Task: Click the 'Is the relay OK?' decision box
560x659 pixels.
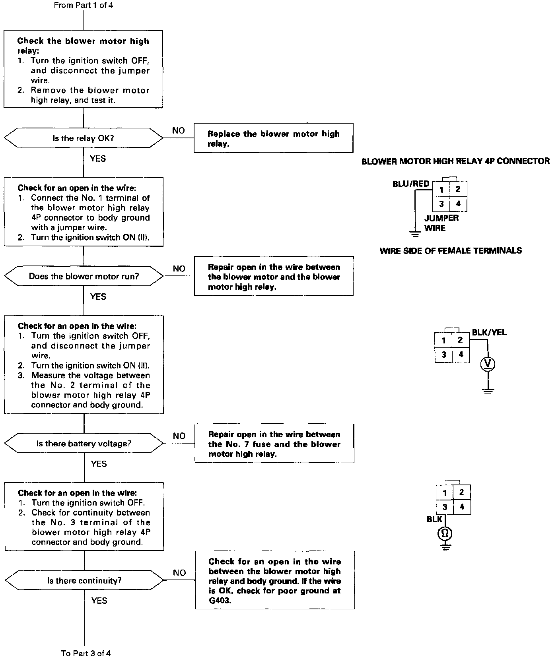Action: (x=83, y=138)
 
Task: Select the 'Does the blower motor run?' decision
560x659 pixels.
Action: (x=84, y=276)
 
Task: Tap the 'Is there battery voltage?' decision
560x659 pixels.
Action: (x=84, y=444)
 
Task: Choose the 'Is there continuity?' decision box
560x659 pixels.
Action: (x=84, y=581)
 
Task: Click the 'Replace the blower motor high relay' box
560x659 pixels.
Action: (x=273, y=138)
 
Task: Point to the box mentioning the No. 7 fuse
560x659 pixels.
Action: (x=274, y=444)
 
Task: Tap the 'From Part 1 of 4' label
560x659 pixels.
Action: (x=83, y=6)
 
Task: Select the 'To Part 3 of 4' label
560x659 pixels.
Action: (x=86, y=653)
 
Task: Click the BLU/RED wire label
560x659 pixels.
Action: (x=410, y=184)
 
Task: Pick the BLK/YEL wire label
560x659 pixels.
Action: (x=489, y=332)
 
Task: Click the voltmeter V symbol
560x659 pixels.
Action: (x=488, y=364)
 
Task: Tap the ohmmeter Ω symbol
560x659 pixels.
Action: (x=445, y=533)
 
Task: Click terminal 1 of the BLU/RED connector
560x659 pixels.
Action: (x=441, y=190)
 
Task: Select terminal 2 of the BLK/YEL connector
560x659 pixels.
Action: (x=460, y=340)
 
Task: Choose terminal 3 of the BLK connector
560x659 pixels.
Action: (x=445, y=507)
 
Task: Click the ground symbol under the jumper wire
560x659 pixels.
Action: (x=415, y=234)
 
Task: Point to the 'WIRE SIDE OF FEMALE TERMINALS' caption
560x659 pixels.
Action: (x=451, y=251)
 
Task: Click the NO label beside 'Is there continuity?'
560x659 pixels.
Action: (x=179, y=573)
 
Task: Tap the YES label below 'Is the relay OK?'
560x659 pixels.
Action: (x=98, y=159)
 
